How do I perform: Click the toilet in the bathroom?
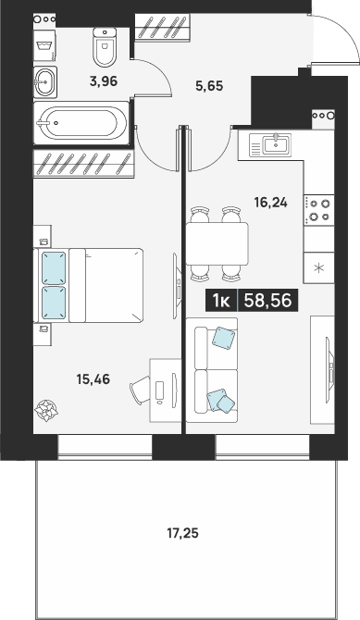pos(105,46)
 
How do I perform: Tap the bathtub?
pos(81,123)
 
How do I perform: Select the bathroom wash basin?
pos(45,82)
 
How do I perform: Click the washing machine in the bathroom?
pos(44,46)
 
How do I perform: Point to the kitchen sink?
pos(270,145)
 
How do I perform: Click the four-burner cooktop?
pos(319,210)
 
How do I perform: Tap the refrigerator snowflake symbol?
pos(319,267)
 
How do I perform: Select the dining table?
pos(217,243)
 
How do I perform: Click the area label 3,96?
pos(104,81)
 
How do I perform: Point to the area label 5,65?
pos(210,85)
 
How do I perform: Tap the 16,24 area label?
pos(271,203)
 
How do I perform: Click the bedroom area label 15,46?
pos(93,379)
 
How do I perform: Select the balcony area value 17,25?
pos(182,534)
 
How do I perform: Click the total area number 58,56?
pos(268,301)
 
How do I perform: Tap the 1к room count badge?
pos(221,301)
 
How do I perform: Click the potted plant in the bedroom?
pos(46,410)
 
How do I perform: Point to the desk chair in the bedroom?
pos(141,390)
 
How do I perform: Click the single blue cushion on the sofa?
pos(224,338)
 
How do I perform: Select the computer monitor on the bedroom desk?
pos(173,390)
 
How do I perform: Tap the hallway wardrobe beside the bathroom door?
pos(163,27)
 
